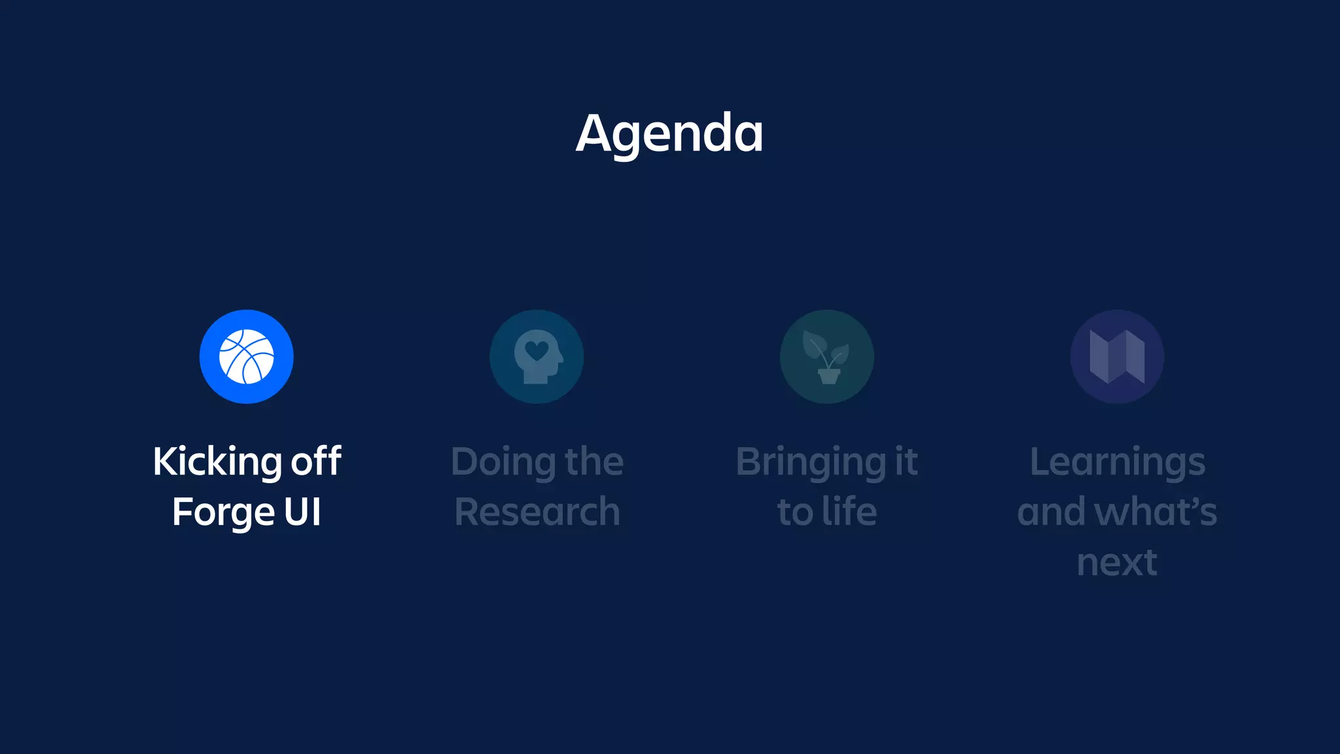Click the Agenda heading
669,134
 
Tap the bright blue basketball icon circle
247,357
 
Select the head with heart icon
537,357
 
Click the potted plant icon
826,357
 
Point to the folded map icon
1117,357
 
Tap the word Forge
222,512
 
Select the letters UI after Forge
302,511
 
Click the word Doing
502,462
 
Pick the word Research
537,511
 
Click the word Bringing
811,462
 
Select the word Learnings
1117,462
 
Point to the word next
1117,562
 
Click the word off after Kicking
316,461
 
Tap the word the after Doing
594,461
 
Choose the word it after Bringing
906,461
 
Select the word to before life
794,512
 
